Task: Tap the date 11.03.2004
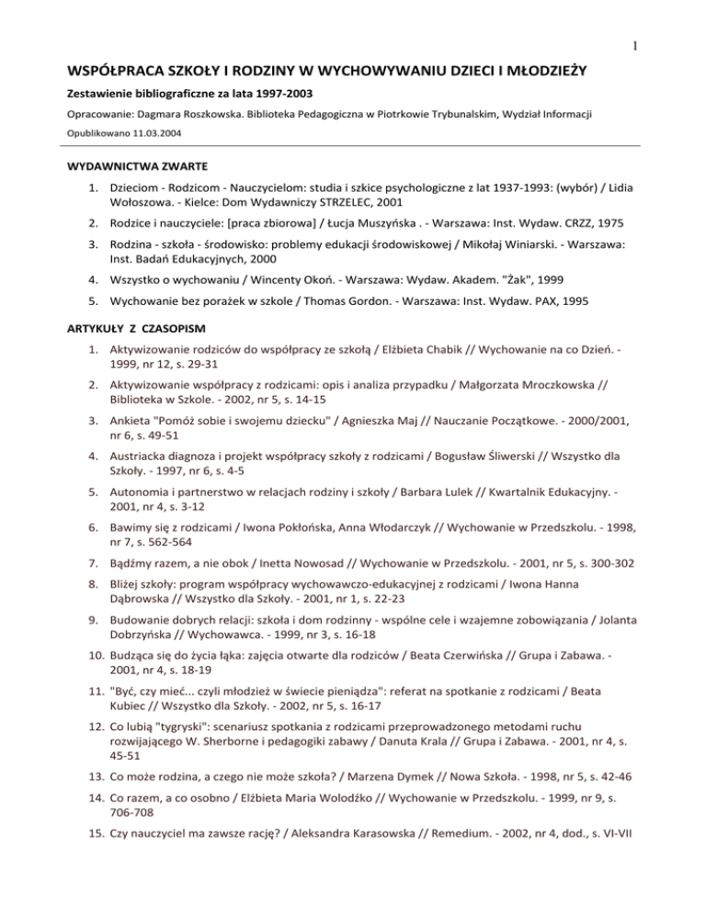pos(156,132)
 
